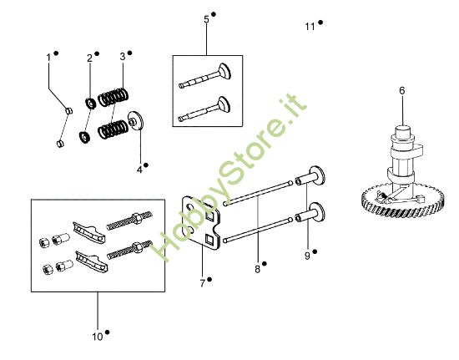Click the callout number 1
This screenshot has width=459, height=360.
(x=48, y=57)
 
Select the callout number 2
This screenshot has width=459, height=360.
(x=89, y=58)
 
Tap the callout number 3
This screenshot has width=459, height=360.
(x=122, y=56)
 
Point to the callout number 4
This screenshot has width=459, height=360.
(x=139, y=170)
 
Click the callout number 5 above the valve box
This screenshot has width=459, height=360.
(x=206, y=18)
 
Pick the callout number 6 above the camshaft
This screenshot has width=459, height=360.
(x=401, y=90)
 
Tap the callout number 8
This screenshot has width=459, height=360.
(x=257, y=269)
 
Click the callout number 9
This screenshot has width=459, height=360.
(x=306, y=256)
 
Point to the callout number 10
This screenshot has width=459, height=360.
(x=97, y=337)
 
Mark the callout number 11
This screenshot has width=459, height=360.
(x=310, y=27)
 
